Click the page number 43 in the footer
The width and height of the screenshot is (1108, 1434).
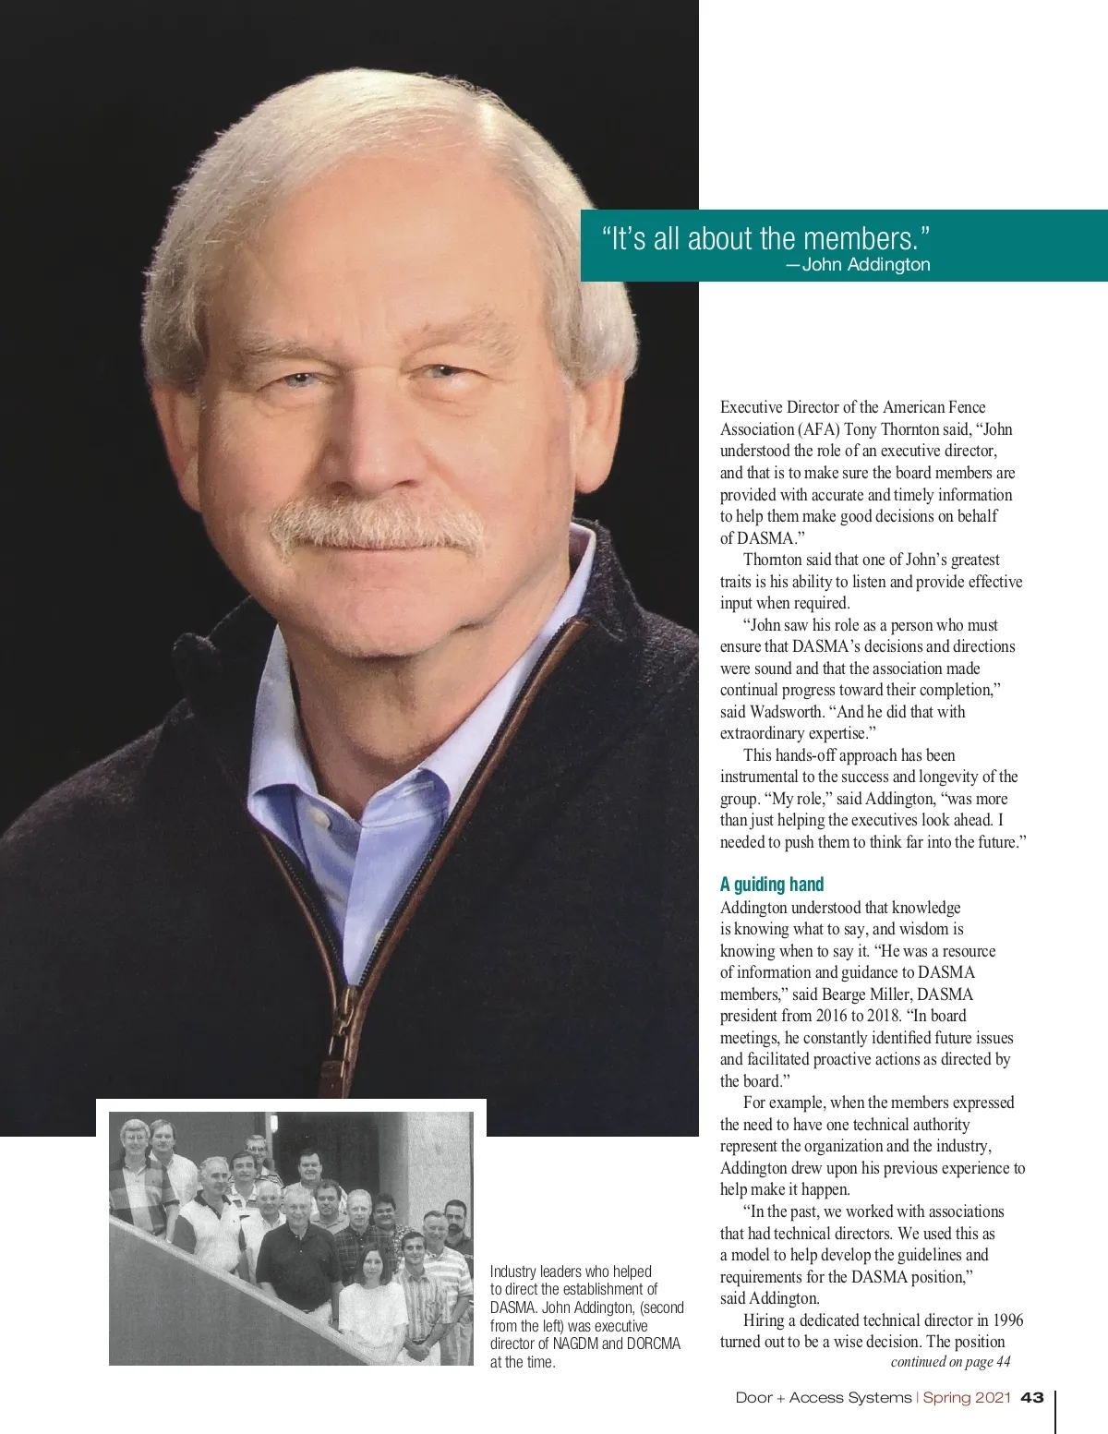point(1032,1397)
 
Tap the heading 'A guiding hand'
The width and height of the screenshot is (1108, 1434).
point(772,884)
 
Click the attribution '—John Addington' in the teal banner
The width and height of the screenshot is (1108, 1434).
point(858,264)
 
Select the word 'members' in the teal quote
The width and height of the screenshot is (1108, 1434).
point(859,238)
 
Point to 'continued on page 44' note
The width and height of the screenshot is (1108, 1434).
point(950,1361)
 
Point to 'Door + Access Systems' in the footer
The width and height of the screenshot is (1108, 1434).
point(823,1397)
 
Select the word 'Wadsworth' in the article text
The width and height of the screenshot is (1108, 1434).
point(786,711)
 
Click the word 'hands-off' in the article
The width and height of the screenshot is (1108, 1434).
point(804,754)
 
